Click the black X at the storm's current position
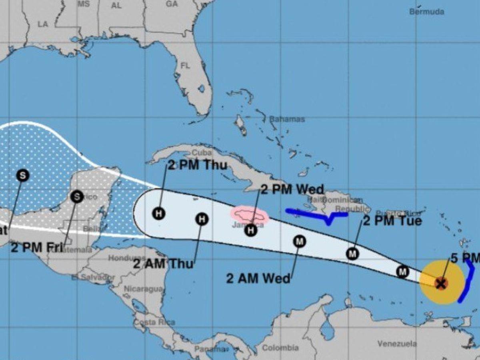click(x=441, y=284)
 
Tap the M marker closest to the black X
click(x=402, y=272)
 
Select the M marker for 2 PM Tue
click(x=352, y=254)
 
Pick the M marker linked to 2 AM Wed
click(x=299, y=241)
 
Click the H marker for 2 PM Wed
click(x=251, y=230)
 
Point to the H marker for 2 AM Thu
click(x=202, y=219)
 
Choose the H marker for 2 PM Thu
click(x=159, y=213)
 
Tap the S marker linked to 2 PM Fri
click(x=76, y=196)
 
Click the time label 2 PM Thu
click(x=197, y=165)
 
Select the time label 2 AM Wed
click(x=258, y=278)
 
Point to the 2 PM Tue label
click(x=392, y=221)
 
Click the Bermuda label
click(x=426, y=12)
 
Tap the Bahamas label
click(x=287, y=119)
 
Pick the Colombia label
click(x=280, y=348)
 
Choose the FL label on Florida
click(x=185, y=66)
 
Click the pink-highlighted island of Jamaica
click(x=249, y=215)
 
